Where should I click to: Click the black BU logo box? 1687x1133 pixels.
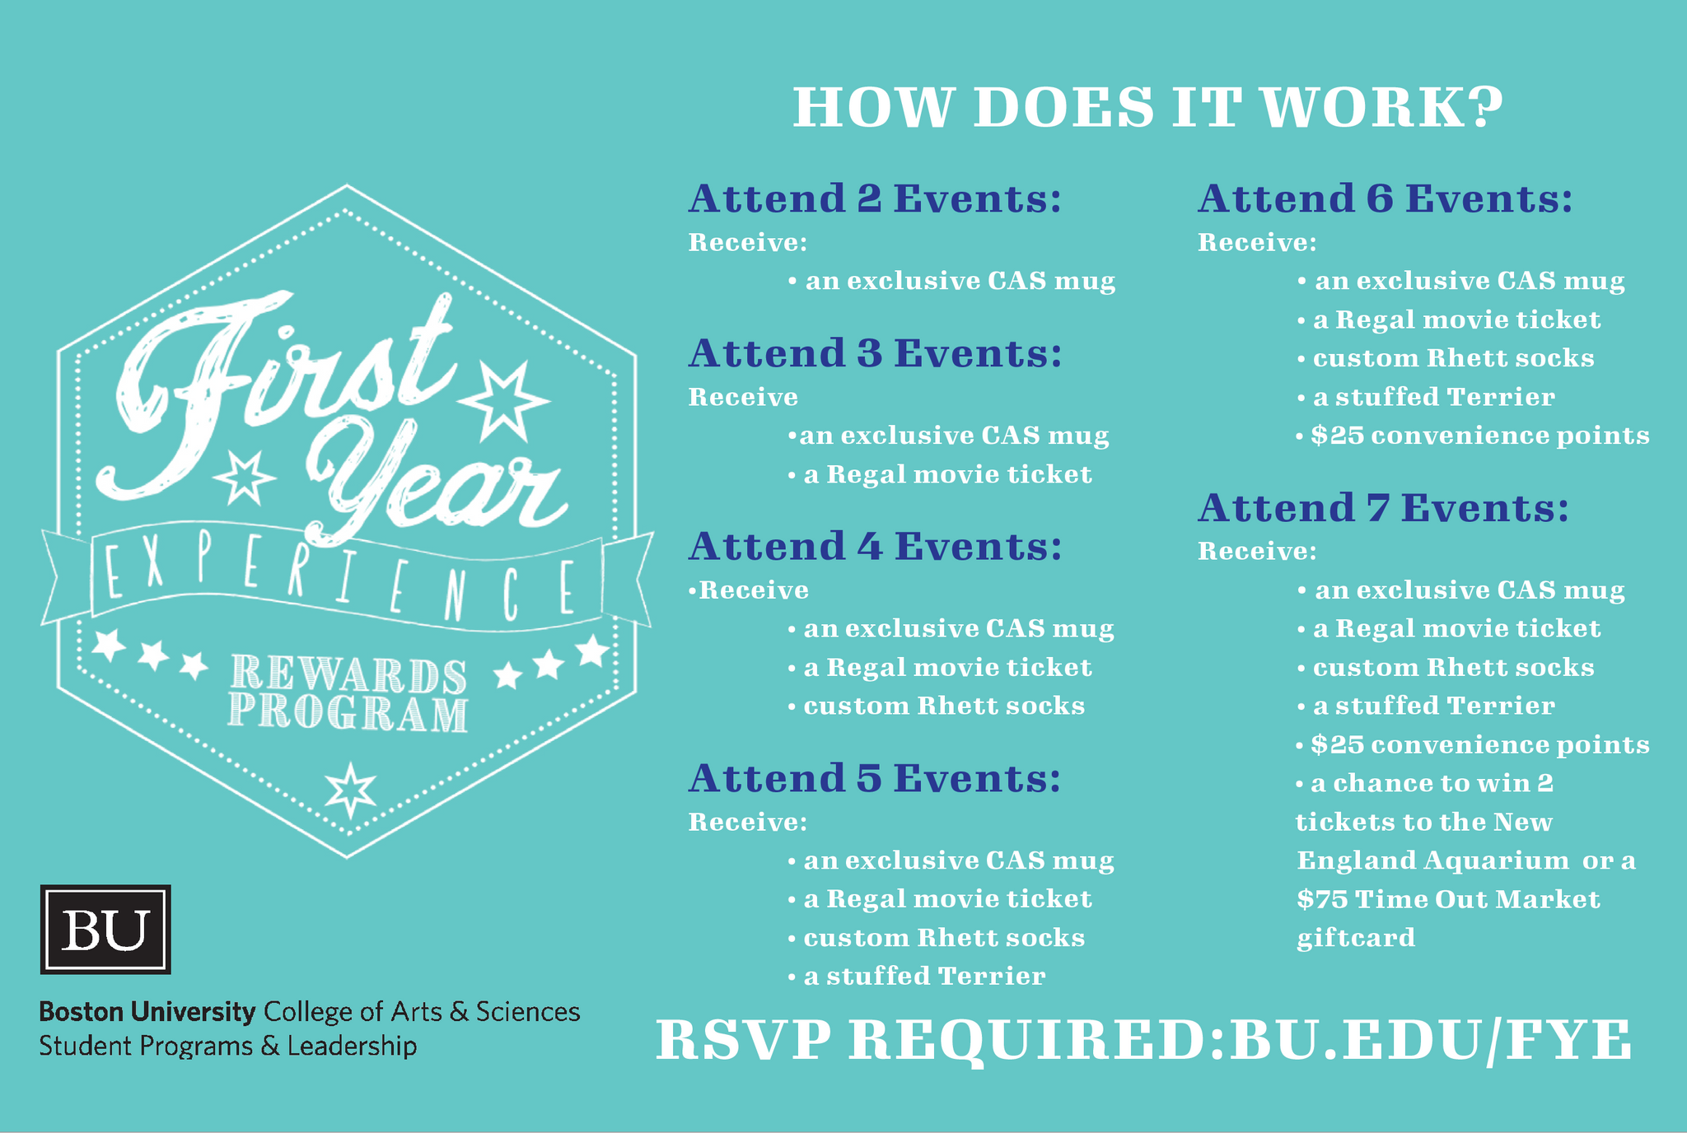click(x=105, y=930)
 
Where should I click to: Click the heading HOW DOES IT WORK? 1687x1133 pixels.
click(x=1147, y=108)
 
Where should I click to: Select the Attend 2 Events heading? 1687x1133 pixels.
click(x=875, y=199)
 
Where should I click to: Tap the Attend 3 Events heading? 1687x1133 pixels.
click(x=875, y=354)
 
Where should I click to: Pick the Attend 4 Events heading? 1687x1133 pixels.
click(x=875, y=547)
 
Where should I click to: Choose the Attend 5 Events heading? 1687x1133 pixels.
click(x=875, y=779)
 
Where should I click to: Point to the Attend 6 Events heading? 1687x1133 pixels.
click(x=1385, y=199)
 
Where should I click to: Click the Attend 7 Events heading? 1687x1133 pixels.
click(x=1383, y=508)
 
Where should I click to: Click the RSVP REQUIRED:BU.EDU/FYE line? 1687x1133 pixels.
click(x=1143, y=1041)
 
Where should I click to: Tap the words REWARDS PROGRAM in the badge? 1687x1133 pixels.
click(x=348, y=693)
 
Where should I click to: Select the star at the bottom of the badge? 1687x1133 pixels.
click(x=350, y=790)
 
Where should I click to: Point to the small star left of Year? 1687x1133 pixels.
click(x=243, y=477)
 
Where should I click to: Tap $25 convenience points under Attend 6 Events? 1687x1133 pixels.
click(x=1479, y=436)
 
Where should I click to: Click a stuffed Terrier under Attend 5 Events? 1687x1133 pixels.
click(x=924, y=977)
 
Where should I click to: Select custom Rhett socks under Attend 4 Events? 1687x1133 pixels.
click(x=944, y=706)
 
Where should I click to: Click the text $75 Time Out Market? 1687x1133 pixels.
click(x=1448, y=899)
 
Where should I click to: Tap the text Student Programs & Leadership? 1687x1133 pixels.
click(x=228, y=1047)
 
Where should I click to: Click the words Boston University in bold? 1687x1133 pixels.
click(x=147, y=1012)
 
